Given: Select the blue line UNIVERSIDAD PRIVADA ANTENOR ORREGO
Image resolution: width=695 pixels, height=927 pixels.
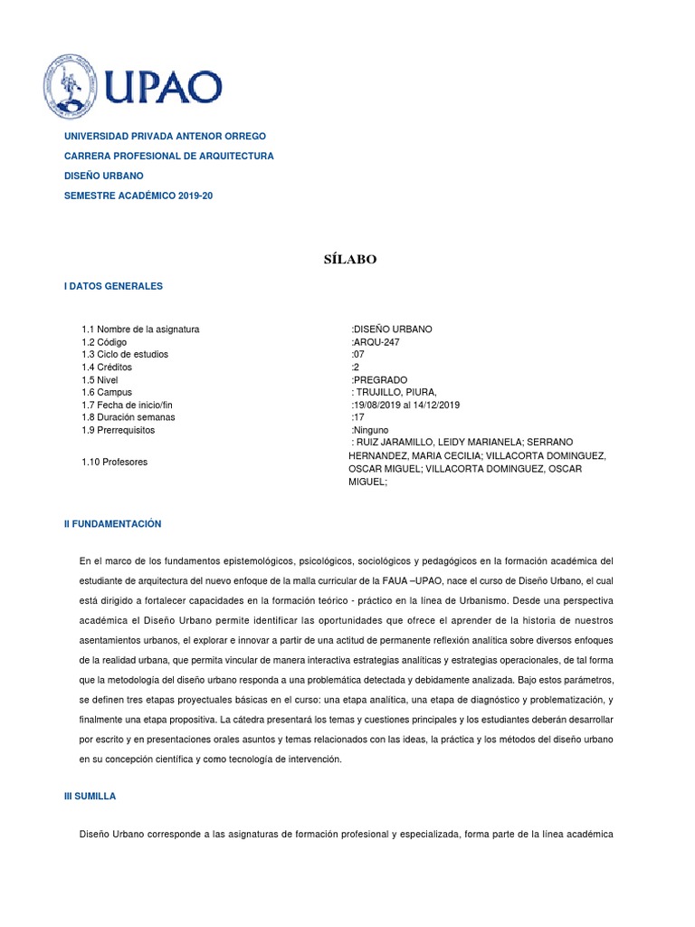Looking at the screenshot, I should [165, 136].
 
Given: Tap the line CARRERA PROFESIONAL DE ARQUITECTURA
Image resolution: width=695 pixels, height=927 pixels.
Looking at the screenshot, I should [168, 156].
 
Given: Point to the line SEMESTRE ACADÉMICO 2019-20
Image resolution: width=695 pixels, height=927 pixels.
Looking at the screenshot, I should [138, 196].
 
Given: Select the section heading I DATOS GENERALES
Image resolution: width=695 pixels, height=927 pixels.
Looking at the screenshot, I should [113, 286].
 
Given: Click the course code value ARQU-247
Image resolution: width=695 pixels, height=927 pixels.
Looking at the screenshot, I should [376, 342].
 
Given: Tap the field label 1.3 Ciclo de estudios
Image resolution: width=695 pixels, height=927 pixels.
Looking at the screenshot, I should [125, 355].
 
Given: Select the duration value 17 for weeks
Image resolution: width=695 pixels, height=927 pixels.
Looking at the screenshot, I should [357, 418].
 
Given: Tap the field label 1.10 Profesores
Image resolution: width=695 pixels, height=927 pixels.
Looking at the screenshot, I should [114, 463].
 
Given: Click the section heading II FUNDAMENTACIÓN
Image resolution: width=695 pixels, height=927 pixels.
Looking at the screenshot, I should [112, 524].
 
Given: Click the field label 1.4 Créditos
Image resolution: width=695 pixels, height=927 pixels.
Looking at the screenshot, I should [107, 368].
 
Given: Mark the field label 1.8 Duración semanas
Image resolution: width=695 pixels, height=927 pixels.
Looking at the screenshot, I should [129, 418].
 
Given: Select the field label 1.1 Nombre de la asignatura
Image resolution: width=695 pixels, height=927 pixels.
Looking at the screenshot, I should [140, 330].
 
